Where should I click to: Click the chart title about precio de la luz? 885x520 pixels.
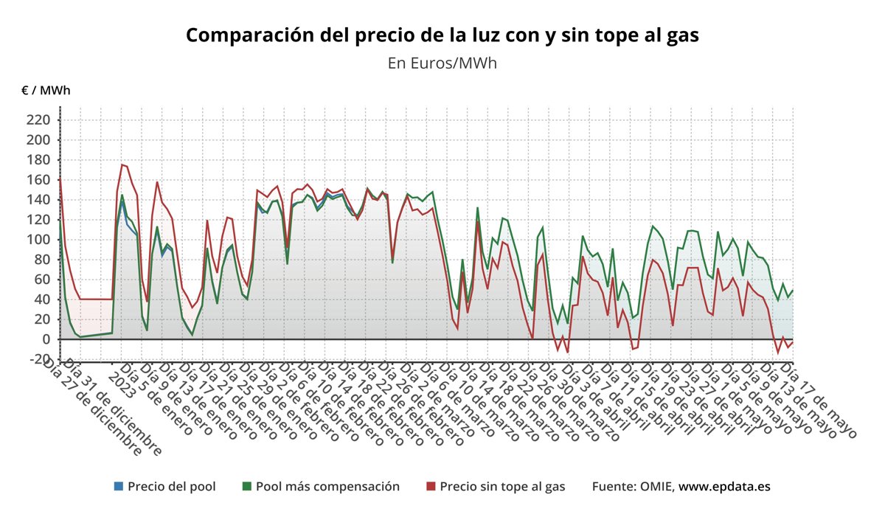[442, 35]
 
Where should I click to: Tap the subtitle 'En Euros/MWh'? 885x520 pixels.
[442, 63]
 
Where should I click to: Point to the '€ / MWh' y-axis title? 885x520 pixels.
[46, 91]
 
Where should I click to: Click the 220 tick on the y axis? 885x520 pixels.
[38, 120]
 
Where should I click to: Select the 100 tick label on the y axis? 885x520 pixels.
[38, 240]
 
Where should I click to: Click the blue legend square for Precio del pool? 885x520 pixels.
[119, 486]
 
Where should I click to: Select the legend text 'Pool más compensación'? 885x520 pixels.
[327, 486]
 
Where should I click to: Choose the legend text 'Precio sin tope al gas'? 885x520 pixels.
[502, 486]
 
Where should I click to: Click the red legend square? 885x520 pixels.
[431, 486]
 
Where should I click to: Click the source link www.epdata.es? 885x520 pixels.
[724, 486]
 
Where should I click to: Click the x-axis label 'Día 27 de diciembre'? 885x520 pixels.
[92, 406]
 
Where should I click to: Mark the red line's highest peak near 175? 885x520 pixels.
[122, 164]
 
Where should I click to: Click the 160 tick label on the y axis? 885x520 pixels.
[38, 180]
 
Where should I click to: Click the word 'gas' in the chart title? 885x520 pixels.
[681, 35]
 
